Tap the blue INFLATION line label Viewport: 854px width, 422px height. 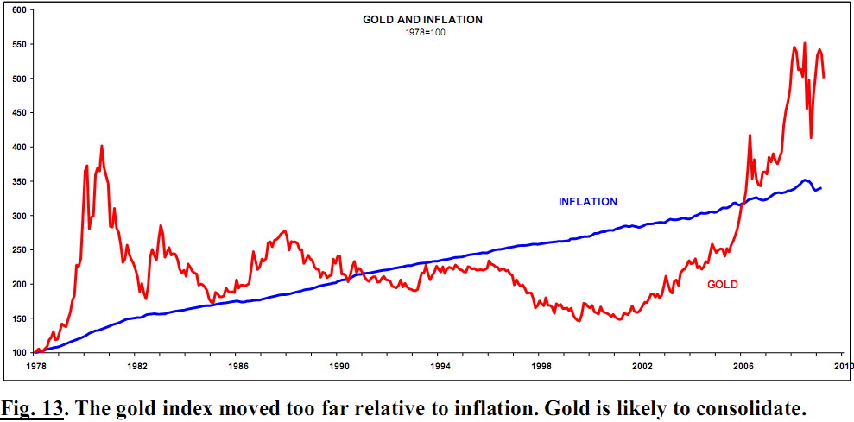click(x=588, y=202)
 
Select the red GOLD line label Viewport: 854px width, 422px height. click(x=722, y=284)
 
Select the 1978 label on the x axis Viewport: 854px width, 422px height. click(x=35, y=367)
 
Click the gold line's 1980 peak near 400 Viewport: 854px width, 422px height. click(x=102, y=146)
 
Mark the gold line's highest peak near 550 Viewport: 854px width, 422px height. click(x=805, y=43)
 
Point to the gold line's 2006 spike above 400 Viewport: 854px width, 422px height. click(x=750, y=135)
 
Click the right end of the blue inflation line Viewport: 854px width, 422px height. click(x=820, y=187)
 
